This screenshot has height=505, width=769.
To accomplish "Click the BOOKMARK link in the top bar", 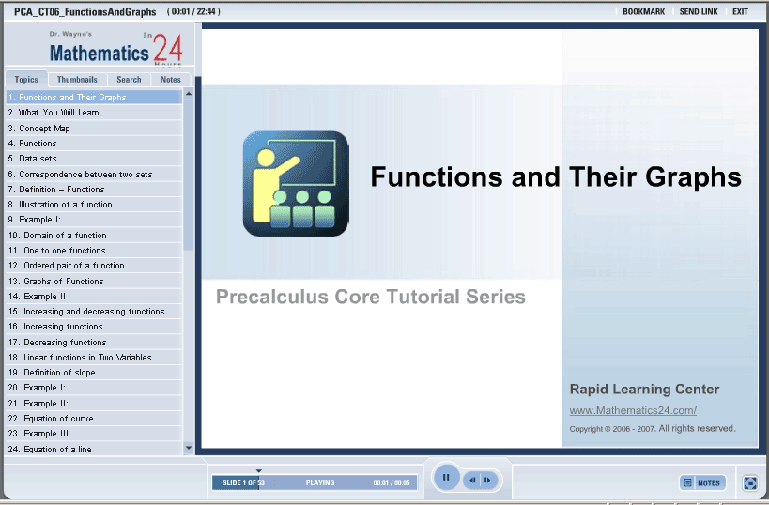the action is click(643, 12).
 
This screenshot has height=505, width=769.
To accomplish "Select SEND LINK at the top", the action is click(699, 12).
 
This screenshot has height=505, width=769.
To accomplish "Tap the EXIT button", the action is click(740, 12).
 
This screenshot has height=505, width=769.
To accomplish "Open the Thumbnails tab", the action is click(77, 80).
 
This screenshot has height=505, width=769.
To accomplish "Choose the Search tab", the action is click(129, 80).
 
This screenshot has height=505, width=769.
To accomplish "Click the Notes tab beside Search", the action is click(171, 80).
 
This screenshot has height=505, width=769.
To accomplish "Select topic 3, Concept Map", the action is click(39, 129).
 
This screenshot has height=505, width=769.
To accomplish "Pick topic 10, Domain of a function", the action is click(57, 236).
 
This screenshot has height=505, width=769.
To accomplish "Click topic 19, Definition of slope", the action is click(52, 373).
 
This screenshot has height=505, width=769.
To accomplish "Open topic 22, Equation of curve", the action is click(51, 419).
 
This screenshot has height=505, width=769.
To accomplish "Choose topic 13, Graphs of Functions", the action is click(56, 282).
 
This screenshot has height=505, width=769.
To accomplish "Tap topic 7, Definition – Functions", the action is click(56, 190).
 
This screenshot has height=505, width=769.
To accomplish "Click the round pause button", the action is click(446, 477).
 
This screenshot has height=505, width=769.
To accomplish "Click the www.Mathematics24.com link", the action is click(633, 410).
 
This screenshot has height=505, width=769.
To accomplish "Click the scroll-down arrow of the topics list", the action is click(189, 448).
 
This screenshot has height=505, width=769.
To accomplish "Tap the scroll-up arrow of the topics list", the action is click(189, 94).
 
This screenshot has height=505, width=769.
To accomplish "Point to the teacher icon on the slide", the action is click(296, 184).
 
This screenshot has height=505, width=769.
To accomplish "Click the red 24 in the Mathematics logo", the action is click(168, 49).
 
